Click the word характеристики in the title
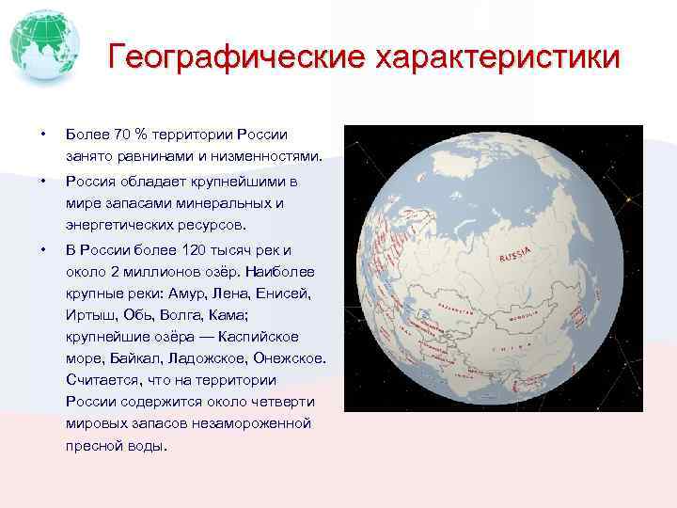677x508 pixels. (x=497, y=57)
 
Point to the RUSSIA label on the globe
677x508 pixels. (x=516, y=254)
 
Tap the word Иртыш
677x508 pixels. (x=87, y=314)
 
